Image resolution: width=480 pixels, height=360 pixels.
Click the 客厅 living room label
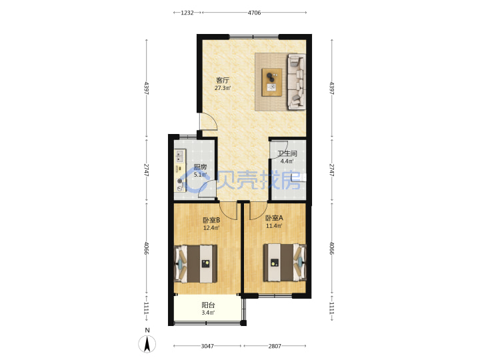pos(223,81)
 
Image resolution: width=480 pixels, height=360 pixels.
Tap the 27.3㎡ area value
pos(223,88)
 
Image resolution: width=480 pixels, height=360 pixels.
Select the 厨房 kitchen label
pos(200,167)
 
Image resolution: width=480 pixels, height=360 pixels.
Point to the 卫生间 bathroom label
pos(287,153)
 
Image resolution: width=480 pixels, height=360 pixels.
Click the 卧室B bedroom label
pos(211,220)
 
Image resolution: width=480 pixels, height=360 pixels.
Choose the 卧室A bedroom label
pos(274,218)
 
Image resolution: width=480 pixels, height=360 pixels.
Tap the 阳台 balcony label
pos(208,305)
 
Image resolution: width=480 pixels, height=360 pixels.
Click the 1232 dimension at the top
pos(187,13)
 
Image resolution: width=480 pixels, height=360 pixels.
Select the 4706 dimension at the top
pos(254,13)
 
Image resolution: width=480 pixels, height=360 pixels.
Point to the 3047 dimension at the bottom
pos(207,346)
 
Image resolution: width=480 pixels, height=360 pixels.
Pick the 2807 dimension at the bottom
pos(275,346)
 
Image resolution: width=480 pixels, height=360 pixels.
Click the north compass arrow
pos(147,344)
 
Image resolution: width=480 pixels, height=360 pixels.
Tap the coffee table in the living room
pos(272,82)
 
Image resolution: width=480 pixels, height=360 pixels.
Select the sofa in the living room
pos(297,82)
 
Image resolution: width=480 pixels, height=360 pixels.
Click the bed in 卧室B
pos(195,263)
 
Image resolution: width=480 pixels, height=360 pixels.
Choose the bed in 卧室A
pos(285,263)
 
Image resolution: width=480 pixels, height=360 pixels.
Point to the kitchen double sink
pos(179,156)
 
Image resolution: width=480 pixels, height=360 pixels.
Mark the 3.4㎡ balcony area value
pos(208,313)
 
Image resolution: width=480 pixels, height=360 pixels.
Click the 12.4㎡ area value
pos(211,228)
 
